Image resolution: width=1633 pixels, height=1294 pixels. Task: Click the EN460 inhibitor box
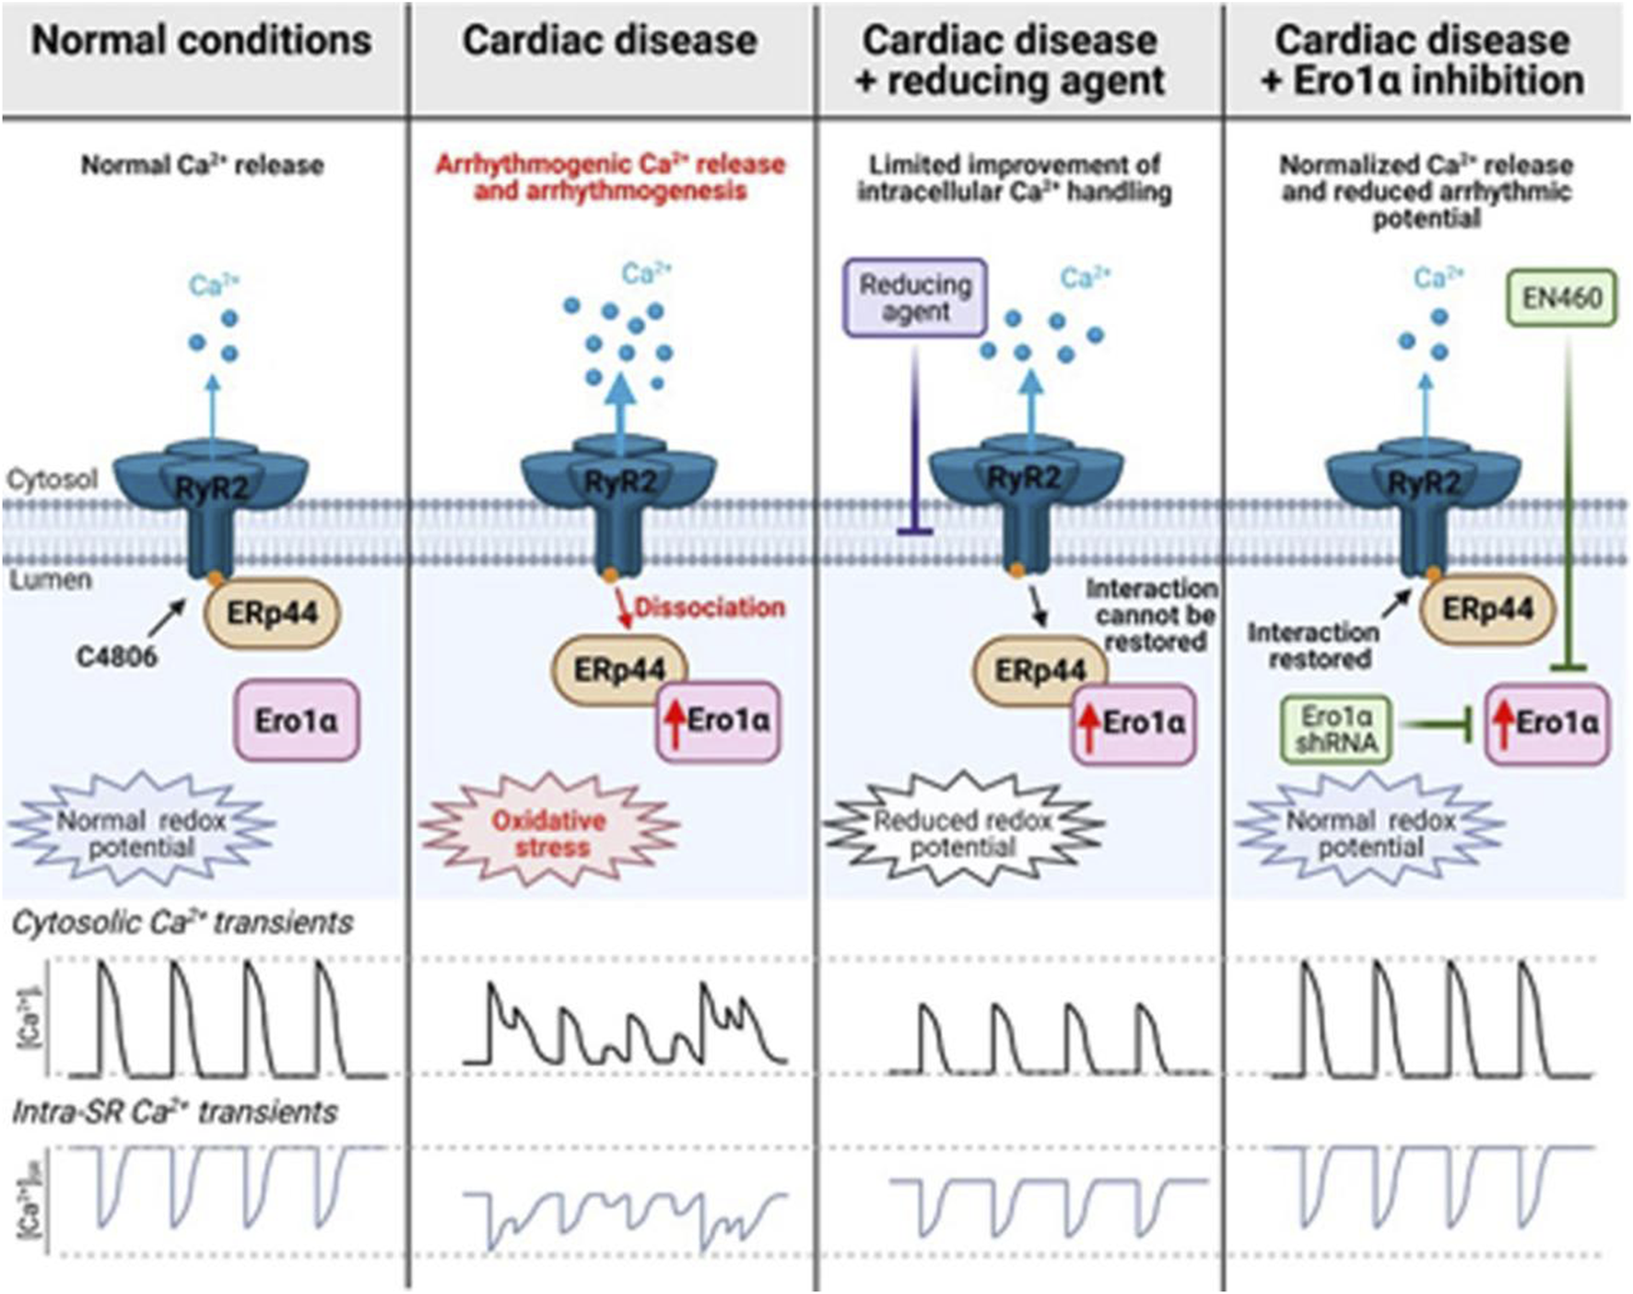pos(1561,298)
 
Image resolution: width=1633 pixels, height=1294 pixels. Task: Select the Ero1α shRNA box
pos(1335,729)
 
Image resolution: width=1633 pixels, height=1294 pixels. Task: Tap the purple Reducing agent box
pos(915,298)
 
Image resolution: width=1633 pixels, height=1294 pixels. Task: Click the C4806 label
pos(117,656)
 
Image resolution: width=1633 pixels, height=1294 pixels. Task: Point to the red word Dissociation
pos(710,607)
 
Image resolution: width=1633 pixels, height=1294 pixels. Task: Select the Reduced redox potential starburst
pos(963,833)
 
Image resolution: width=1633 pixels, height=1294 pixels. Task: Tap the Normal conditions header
pos(202,41)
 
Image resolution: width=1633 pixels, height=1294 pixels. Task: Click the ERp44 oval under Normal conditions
pos(272,613)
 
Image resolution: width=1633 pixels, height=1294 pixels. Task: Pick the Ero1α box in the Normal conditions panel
pos(296,721)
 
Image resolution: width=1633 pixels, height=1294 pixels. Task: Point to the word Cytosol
pos(52,479)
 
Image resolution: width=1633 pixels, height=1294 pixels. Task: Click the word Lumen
pos(51,580)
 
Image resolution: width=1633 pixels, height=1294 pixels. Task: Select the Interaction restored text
pos(1313,645)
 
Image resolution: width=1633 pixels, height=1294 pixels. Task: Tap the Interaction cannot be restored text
pos(1152,615)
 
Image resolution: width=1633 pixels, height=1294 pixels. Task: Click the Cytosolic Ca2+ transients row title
pos(182,923)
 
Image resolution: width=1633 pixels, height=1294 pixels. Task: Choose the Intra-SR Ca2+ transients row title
pos(175,1112)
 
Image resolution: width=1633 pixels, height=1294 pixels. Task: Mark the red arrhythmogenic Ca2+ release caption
pos(610,177)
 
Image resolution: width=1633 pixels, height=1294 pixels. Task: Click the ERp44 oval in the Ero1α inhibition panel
pos(1487,609)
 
